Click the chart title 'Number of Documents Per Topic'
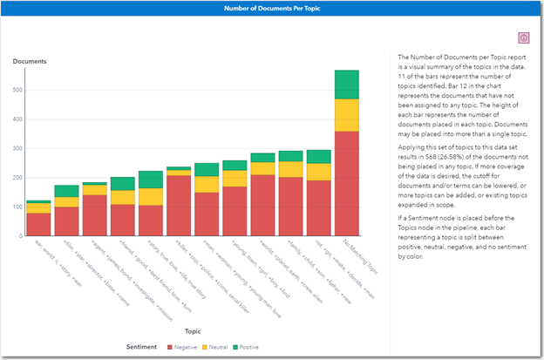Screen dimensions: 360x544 272,7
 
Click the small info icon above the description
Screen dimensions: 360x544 523,37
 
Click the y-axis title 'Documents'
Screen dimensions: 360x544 29,61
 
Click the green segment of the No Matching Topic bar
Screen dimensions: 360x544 346,85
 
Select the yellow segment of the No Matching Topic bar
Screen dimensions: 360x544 346,115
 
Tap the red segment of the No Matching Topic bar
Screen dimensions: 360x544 346,184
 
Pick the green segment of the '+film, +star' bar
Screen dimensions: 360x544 66,191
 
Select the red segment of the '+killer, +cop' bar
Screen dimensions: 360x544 179,206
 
